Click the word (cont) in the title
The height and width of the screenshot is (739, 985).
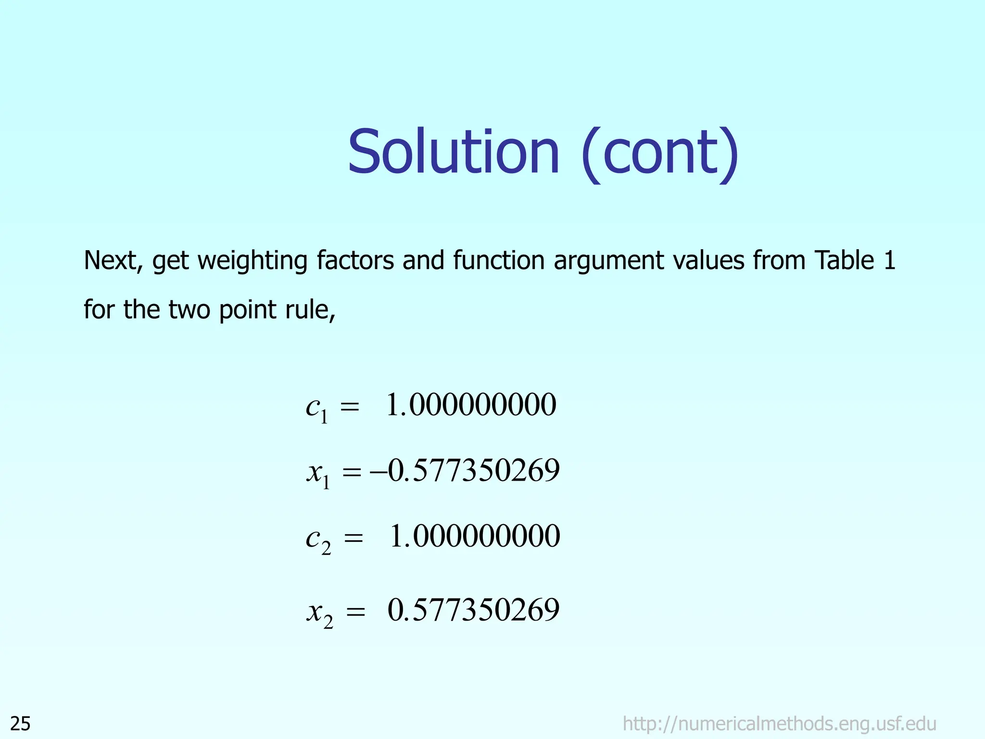click(x=659, y=154)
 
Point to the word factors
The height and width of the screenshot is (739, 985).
click(x=355, y=261)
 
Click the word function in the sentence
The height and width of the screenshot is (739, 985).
click(x=498, y=261)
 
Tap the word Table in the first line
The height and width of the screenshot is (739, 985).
click(x=844, y=261)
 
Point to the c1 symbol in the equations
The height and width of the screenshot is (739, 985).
click(x=317, y=408)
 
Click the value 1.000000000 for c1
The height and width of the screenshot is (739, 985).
click(x=471, y=405)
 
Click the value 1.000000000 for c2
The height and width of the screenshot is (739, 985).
click(x=474, y=536)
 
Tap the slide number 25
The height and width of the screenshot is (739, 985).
click(x=21, y=723)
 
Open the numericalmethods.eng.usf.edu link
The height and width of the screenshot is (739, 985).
click(x=779, y=723)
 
